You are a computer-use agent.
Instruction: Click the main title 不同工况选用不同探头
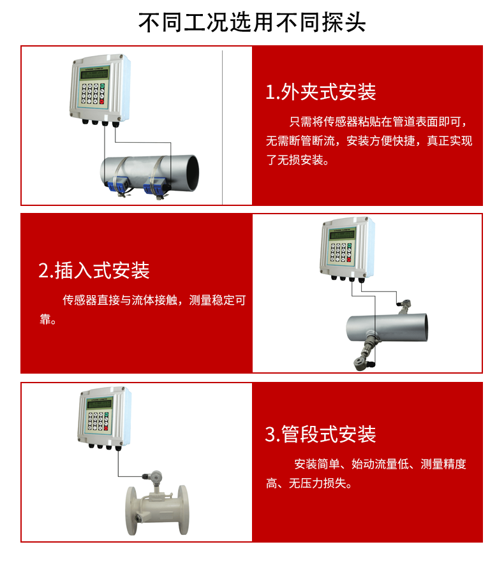pyautogui.click(x=252, y=22)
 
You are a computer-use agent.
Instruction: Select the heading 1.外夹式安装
pyautogui.click(x=320, y=92)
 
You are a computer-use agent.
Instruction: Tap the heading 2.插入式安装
pyautogui.click(x=94, y=270)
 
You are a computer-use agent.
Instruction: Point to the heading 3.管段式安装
pyautogui.click(x=320, y=434)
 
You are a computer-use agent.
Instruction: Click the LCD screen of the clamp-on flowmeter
pyautogui.click(x=94, y=75)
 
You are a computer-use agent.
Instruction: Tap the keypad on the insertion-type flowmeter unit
pyautogui.click(x=341, y=252)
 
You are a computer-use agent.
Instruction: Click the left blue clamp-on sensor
pyautogui.click(x=117, y=186)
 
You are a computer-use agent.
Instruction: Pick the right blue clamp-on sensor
pyautogui.click(x=155, y=187)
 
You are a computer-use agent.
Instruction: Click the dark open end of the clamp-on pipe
pyautogui.click(x=192, y=173)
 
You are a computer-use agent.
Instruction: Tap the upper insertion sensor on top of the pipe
pyautogui.click(x=404, y=306)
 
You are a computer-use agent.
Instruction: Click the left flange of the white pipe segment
pyautogui.click(x=132, y=511)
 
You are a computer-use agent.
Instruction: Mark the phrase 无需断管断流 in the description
pyautogui.click(x=300, y=141)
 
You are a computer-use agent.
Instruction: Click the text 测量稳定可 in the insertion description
pyautogui.click(x=218, y=300)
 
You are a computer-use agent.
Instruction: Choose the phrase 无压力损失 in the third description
pyautogui.click(x=318, y=483)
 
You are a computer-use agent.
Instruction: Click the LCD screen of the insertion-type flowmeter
pyautogui.click(x=342, y=235)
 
